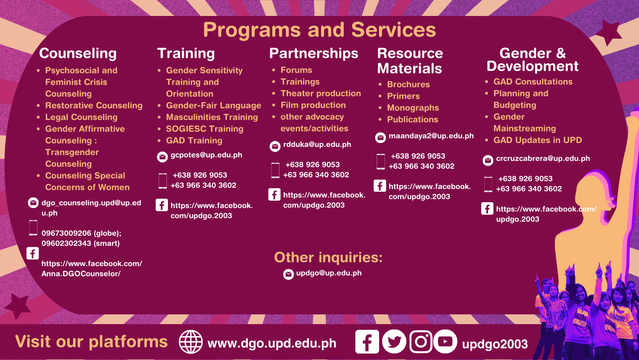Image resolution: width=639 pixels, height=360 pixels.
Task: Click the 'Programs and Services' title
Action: pos(319,30)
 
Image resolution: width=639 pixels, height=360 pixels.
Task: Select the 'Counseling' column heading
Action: pos(78,54)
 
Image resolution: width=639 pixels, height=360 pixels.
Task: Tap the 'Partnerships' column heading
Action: pos(314,54)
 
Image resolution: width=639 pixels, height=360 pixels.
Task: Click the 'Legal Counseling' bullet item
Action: pos(81,117)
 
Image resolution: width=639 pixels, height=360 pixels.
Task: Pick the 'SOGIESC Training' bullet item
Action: pos(205,129)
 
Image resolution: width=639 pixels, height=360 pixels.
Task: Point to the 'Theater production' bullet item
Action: pos(321,94)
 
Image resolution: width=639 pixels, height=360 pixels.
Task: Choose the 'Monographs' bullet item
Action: pos(413,108)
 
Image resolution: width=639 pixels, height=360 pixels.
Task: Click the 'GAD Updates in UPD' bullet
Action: pos(538,140)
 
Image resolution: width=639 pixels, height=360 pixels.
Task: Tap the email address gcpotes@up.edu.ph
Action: pos(206,155)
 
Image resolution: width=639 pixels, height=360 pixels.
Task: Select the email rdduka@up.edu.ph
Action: pos(317,145)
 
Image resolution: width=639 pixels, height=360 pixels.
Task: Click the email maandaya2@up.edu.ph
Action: pos(431,136)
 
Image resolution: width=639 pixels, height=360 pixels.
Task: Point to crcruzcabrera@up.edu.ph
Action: pos(543,159)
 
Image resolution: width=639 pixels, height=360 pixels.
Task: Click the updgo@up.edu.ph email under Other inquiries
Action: pos(328,273)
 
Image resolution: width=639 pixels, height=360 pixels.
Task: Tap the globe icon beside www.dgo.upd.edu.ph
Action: pos(191,342)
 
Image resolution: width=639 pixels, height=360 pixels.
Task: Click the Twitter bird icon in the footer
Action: pos(394,341)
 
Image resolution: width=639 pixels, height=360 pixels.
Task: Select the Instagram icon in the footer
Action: pos(421,341)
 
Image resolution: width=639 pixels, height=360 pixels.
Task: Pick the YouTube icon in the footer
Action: pos(445,341)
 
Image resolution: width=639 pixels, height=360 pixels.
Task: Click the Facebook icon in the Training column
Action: pos(162,205)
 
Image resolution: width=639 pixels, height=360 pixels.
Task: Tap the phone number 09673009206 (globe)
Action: pos(81,233)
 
